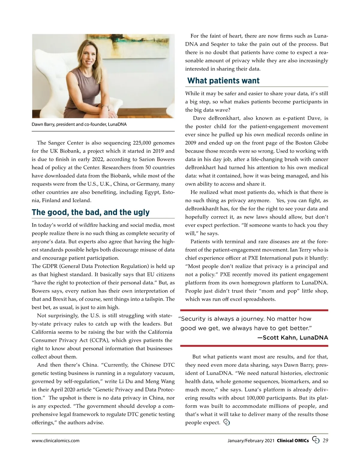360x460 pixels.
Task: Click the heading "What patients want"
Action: point(223,81)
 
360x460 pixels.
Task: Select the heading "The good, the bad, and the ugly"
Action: point(91,212)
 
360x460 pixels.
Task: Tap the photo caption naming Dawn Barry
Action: point(79,124)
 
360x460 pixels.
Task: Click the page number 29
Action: point(325,440)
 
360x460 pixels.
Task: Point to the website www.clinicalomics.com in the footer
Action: point(55,441)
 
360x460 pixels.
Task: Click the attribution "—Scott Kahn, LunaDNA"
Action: point(292,338)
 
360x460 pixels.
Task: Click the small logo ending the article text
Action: point(227,423)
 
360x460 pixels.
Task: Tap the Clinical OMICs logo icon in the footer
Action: point(316,440)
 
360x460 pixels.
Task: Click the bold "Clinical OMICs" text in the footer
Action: point(292,441)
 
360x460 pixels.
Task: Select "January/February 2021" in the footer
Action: point(251,441)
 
